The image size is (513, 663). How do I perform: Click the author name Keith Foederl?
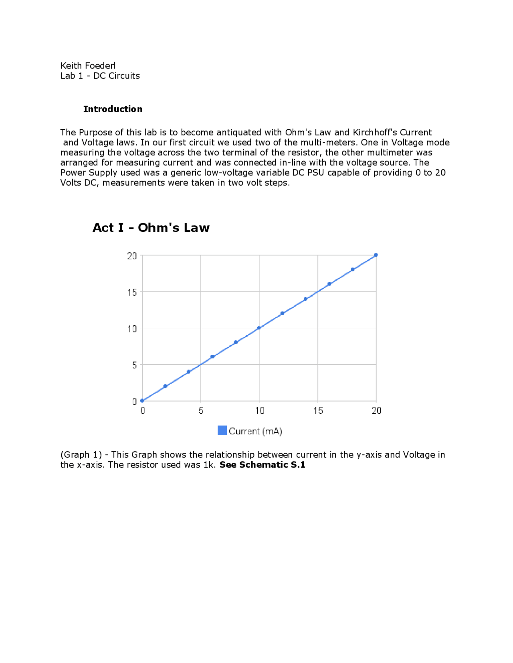[88, 66]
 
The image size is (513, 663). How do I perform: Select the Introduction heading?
[113, 109]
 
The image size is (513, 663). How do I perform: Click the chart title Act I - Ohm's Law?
[151, 227]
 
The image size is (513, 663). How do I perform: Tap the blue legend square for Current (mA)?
[222, 430]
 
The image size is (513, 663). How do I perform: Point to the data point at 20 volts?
[376, 255]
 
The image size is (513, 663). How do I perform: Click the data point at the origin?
[142, 401]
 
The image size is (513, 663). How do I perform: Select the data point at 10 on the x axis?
[259, 328]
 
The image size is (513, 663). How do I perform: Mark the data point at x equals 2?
[165, 386]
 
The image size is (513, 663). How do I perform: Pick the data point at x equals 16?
[329, 284]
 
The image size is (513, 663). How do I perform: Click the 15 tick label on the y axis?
[132, 292]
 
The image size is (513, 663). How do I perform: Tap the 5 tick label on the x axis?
[201, 411]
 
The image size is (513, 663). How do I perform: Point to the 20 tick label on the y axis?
[132, 256]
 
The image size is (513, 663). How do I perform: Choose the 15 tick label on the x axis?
[318, 411]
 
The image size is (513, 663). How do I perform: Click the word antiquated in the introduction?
[238, 133]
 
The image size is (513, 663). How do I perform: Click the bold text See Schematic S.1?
[262, 464]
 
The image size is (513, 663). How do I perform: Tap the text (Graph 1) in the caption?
[81, 454]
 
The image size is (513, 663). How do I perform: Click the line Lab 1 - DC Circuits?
[100, 76]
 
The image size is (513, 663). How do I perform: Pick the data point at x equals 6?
[212, 357]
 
